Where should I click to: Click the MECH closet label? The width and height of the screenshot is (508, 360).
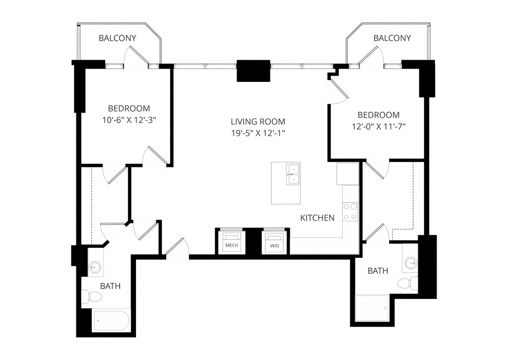[231, 245]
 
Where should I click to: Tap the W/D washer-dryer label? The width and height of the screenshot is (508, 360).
[274, 246]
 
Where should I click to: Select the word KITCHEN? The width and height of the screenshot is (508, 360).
[317, 217]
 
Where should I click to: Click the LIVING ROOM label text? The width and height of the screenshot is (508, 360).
[258, 122]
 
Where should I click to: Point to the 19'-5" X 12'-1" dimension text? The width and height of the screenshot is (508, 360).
[258, 133]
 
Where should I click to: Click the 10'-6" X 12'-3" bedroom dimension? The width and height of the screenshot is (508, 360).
[129, 120]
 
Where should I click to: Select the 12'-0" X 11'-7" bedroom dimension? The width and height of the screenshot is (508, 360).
[379, 126]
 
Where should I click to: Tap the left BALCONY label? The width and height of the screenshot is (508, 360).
[117, 38]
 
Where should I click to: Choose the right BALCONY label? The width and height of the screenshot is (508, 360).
[392, 38]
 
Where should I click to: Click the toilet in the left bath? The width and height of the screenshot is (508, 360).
[92, 296]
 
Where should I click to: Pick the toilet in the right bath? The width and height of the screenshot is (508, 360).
[408, 283]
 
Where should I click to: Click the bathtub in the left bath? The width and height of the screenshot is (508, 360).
[112, 321]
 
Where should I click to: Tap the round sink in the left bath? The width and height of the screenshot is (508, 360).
[95, 267]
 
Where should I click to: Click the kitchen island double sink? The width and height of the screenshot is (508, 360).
[293, 174]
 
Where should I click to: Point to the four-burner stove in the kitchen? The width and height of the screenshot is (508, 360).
[350, 212]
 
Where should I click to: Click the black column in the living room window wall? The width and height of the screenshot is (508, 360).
[254, 71]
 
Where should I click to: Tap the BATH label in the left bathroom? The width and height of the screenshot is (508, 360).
[110, 286]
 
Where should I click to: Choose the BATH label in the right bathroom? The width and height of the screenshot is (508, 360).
[378, 271]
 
